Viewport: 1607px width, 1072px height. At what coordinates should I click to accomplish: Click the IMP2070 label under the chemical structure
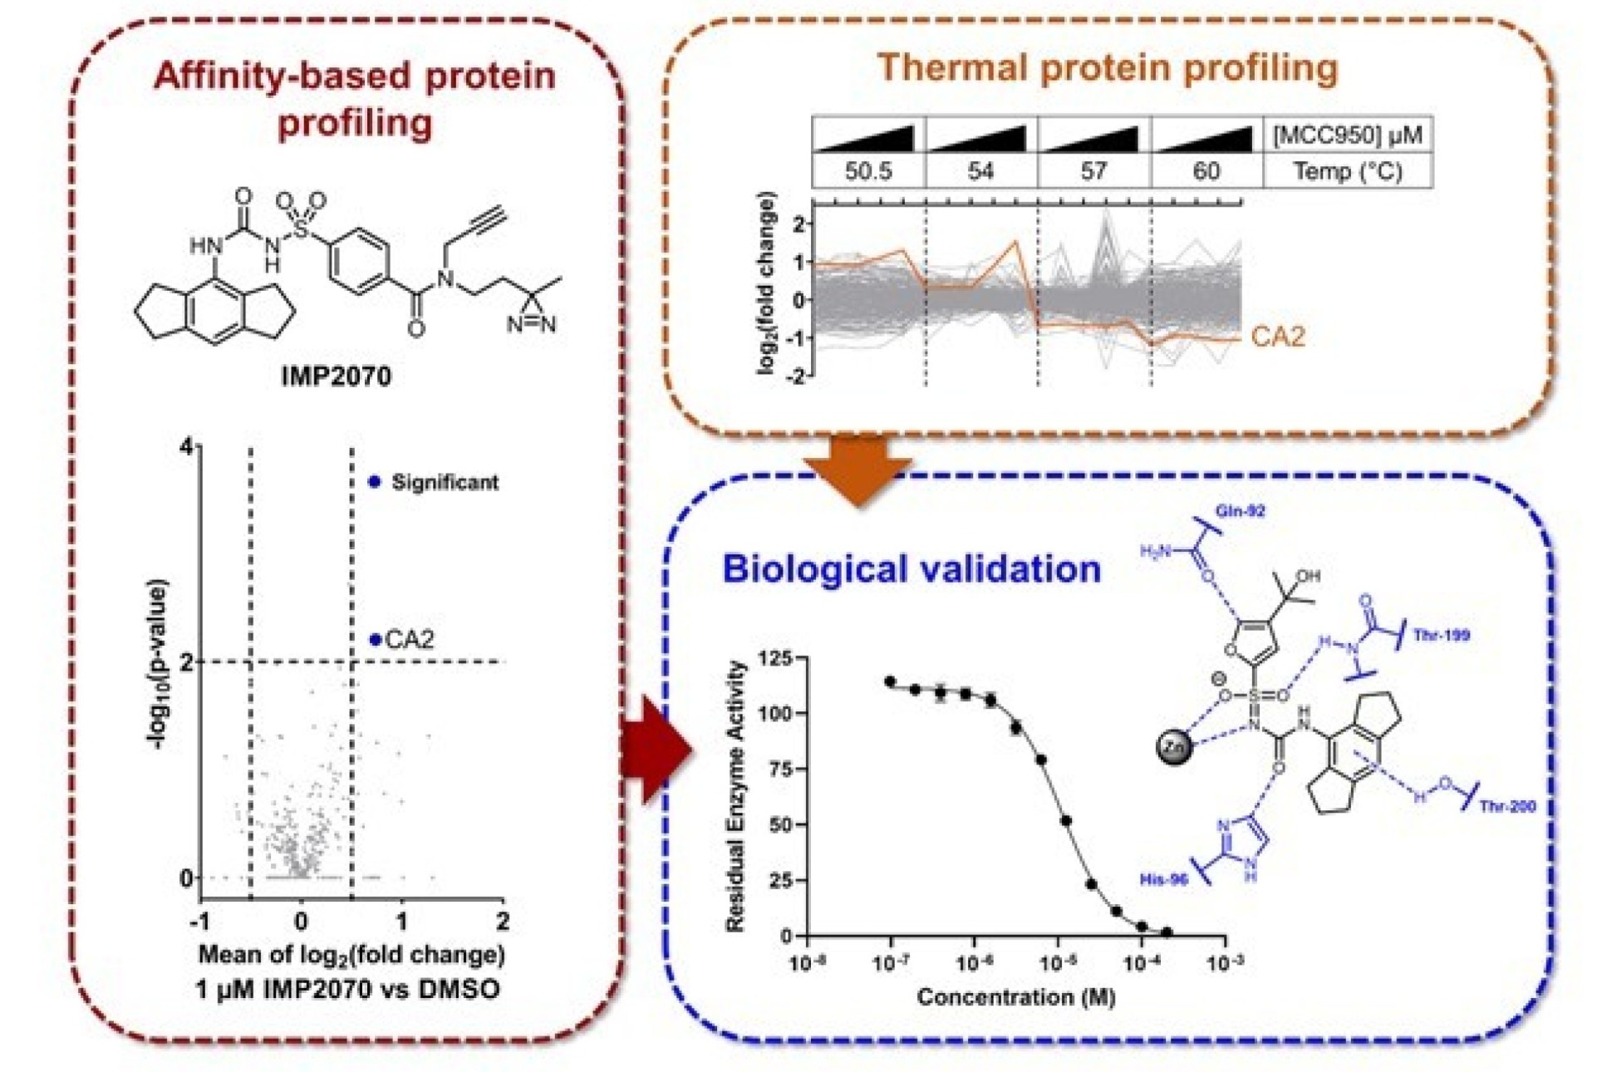tap(336, 376)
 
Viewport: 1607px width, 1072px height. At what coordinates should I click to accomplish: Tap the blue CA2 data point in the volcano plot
tap(376, 639)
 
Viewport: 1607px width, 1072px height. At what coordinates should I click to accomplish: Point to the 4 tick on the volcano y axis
tap(186, 447)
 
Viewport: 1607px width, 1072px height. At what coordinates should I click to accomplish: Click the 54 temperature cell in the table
tap(980, 171)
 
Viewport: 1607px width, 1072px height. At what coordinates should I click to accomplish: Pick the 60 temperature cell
tap(1206, 171)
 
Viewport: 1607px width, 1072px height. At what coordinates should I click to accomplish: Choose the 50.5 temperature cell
tap(868, 171)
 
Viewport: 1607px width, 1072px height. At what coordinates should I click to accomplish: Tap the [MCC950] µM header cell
tap(1347, 135)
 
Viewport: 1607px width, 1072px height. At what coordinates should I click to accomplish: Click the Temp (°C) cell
tap(1347, 171)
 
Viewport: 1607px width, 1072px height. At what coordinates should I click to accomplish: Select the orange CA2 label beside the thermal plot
tap(1277, 337)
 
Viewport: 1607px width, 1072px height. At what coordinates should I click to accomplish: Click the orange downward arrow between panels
tap(858, 470)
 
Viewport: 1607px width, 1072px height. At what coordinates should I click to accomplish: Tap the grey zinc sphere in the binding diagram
tap(1174, 747)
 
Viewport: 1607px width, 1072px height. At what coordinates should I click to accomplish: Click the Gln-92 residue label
tap(1240, 511)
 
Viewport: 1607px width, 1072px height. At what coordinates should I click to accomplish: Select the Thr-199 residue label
tap(1442, 636)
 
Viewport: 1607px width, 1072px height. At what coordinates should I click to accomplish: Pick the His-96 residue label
tap(1163, 879)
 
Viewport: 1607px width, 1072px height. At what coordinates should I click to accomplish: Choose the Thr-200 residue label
tap(1507, 805)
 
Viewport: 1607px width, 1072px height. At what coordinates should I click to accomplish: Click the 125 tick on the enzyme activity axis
tap(778, 658)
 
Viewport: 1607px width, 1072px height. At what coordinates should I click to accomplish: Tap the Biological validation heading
tap(912, 569)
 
